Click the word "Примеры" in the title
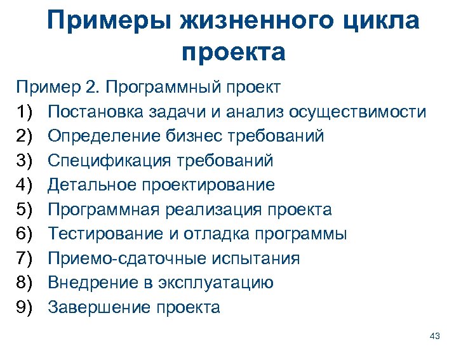point(110,20)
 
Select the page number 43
point(435,336)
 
